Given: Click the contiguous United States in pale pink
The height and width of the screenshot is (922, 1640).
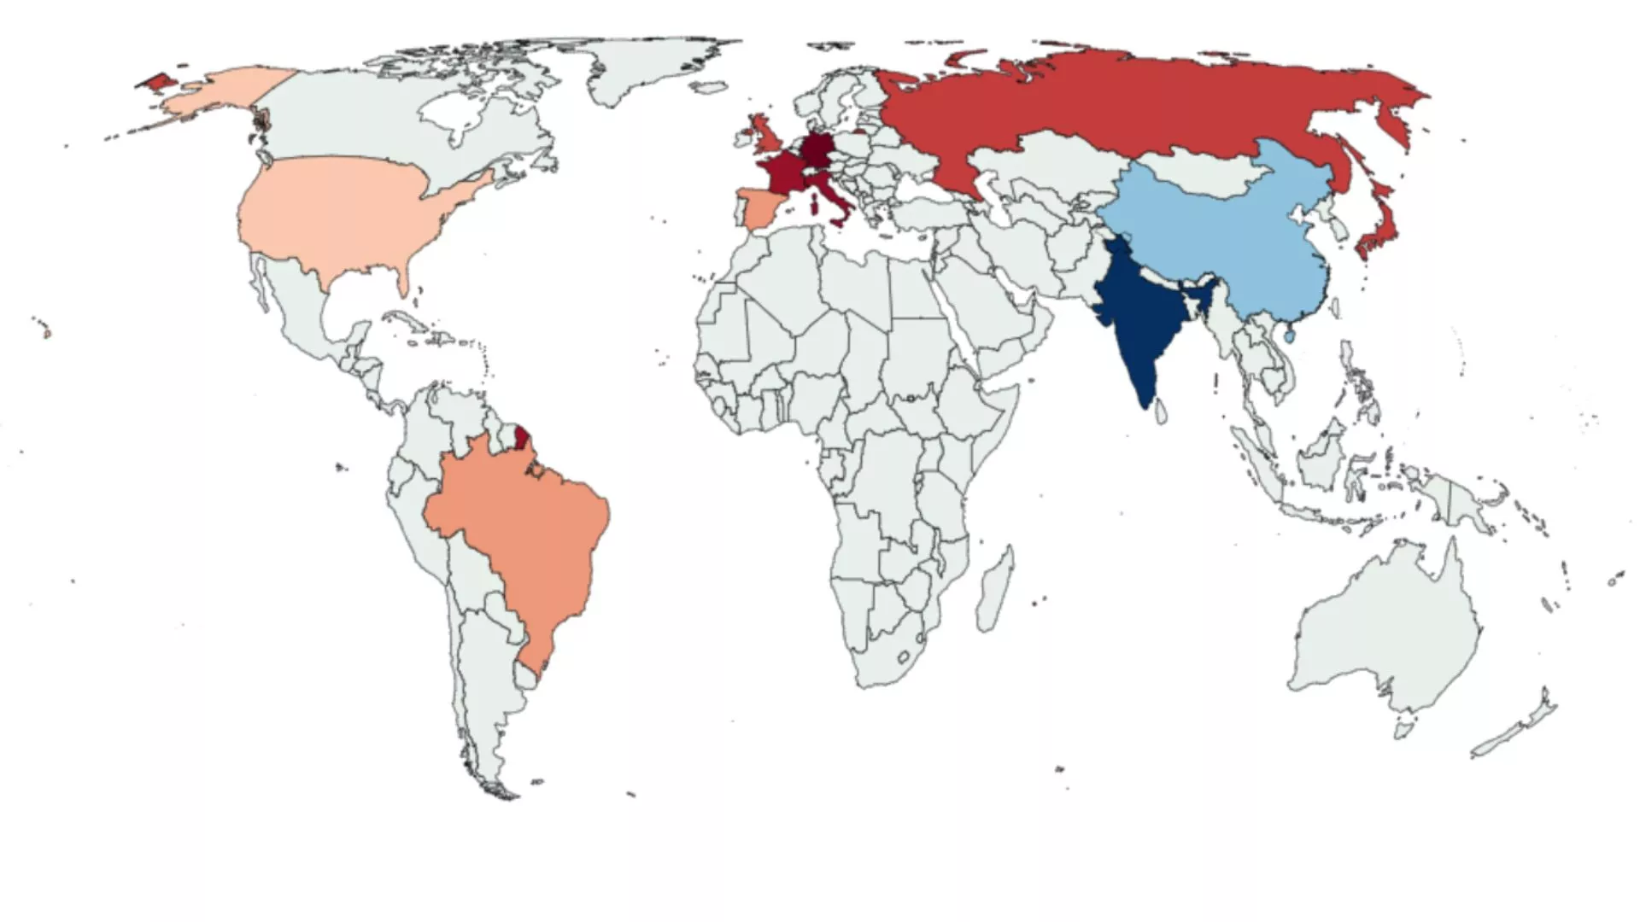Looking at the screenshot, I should point(342,213).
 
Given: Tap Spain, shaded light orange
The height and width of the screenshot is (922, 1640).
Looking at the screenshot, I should point(756,208).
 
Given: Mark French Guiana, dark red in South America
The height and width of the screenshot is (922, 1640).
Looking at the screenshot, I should point(521,438).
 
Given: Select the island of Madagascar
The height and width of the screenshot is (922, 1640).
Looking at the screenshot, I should point(995,589).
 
